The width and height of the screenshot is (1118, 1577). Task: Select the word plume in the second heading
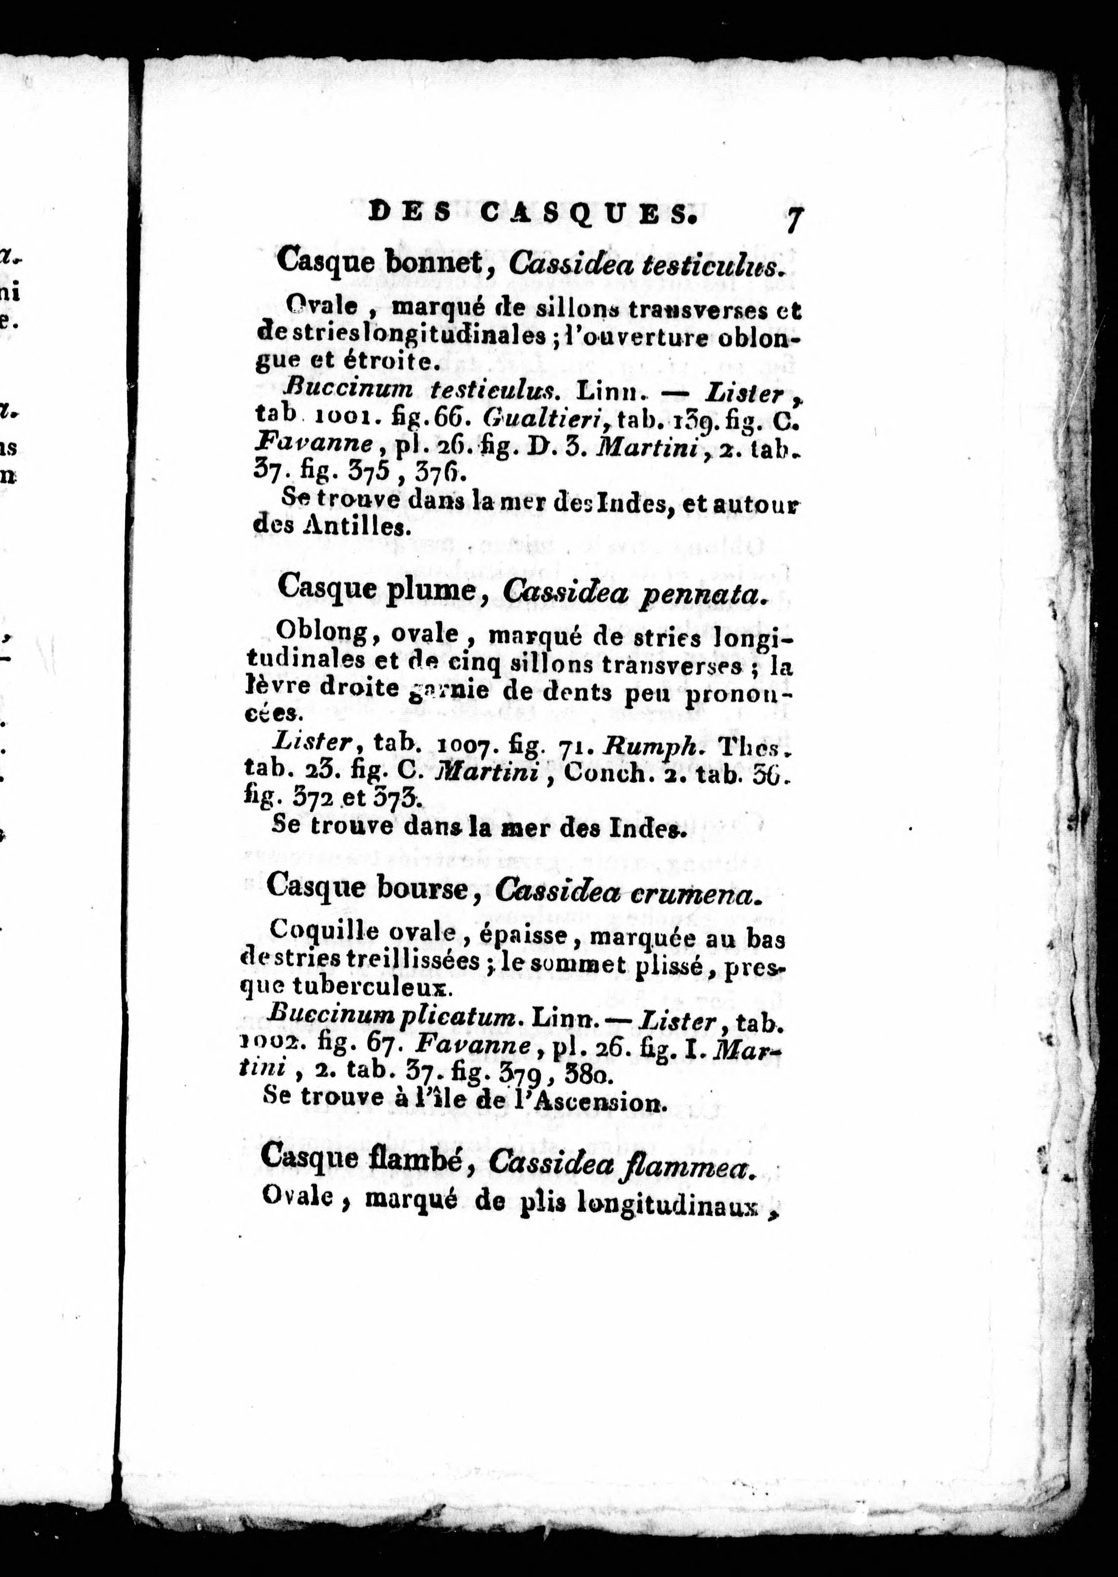point(432,590)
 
